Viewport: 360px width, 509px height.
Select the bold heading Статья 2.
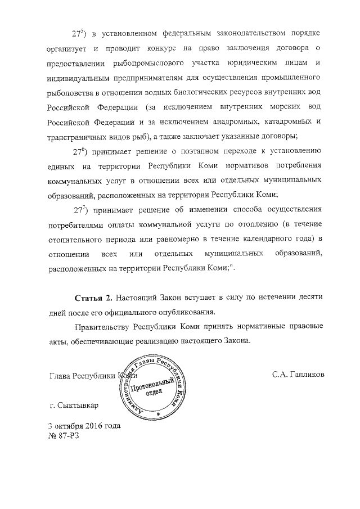click(x=94, y=297)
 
